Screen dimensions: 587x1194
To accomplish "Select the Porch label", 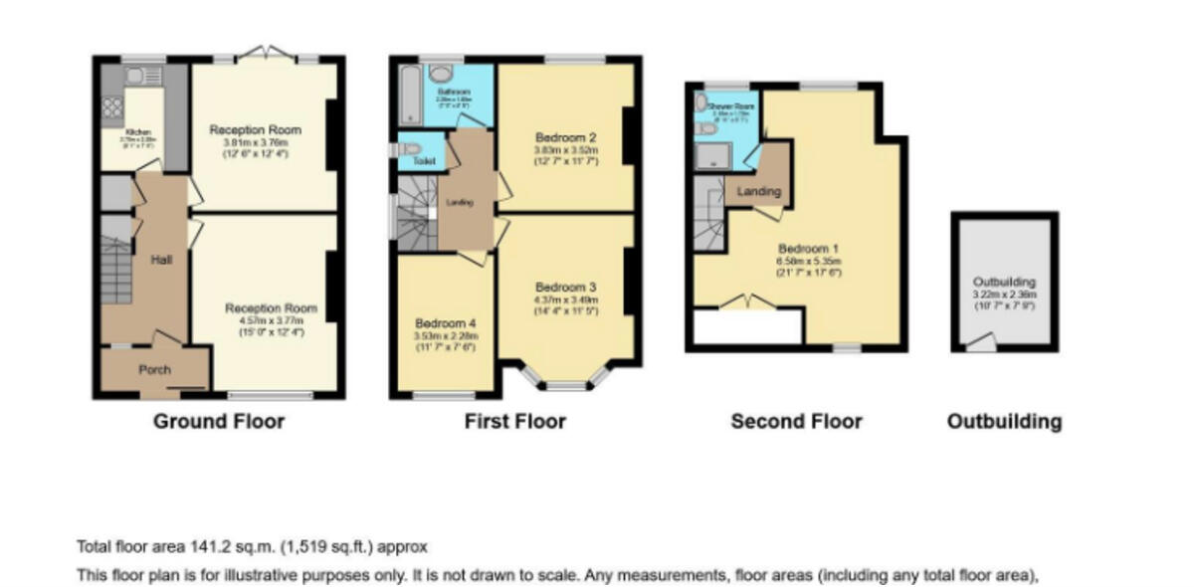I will coord(153,369).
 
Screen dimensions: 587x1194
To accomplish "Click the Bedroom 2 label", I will coord(565,137).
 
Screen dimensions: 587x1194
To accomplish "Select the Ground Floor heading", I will coord(218,421).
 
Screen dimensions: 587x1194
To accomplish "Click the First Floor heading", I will coord(514,421).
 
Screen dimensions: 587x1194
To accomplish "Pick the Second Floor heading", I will coord(796,421).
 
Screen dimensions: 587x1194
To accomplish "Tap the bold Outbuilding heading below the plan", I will coord(1003,421).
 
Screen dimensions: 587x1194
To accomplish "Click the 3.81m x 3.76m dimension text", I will coord(255,142).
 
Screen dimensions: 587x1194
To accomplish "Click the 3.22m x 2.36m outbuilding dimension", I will coord(1004,294).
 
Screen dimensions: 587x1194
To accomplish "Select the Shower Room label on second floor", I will coord(731,106).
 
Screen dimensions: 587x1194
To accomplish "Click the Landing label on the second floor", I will coord(759,191).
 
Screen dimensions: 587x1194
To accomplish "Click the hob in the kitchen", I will coord(112,107).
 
